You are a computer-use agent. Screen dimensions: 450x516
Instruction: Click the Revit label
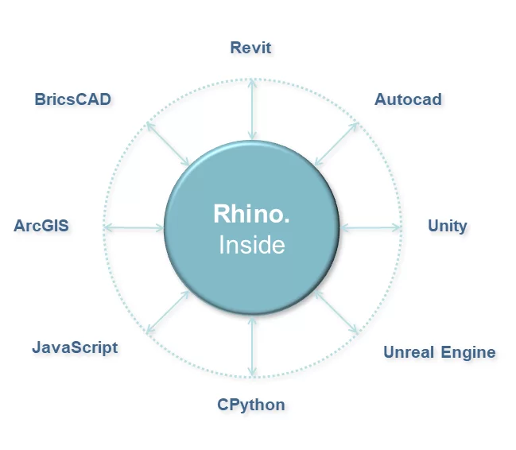click(250, 48)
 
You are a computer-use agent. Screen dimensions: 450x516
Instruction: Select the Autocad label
click(408, 100)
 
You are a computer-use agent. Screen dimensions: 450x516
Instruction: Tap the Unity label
click(447, 226)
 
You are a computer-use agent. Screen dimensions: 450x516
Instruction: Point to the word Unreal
click(408, 352)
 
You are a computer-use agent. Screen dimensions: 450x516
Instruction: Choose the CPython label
click(250, 405)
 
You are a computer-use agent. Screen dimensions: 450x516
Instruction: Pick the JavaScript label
click(75, 347)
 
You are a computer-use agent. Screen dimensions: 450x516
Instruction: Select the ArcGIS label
click(41, 226)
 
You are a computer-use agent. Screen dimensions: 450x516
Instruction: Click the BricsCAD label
click(72, 99)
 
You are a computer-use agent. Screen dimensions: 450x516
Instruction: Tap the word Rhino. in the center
click(251, 214)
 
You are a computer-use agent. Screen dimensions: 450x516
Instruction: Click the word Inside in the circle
click(251, 245)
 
